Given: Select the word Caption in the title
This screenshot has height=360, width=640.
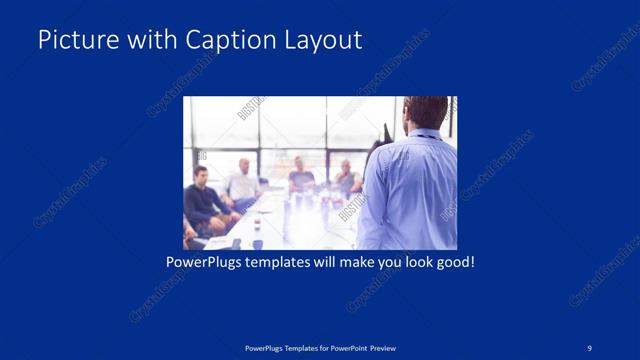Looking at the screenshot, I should (x=221, y=40).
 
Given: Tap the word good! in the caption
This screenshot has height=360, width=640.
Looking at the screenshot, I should (x=454, y=264).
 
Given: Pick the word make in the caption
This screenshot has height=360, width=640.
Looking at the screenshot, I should (x=346, y=264).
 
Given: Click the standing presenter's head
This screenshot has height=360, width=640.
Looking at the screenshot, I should (x=426, y=114).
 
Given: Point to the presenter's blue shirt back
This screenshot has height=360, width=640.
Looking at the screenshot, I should (x=410, y=190).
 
